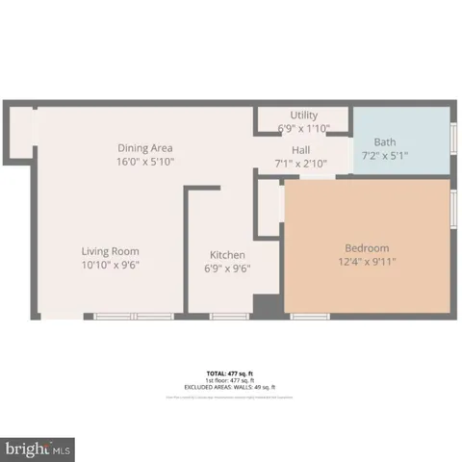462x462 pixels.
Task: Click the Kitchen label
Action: point(228,255)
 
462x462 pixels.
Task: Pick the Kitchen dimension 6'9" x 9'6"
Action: point(228,269)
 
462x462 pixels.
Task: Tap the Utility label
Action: point(304,115)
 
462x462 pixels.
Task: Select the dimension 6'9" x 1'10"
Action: point(304,128)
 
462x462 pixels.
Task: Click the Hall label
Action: point(301,149)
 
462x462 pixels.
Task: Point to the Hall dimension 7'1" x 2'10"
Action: point(301,163)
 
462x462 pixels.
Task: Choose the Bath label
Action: point(385,141)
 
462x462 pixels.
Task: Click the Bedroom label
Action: point(368,246)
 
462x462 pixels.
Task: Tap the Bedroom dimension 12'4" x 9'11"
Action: point(368,261)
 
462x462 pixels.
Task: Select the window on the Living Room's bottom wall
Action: point(133,315)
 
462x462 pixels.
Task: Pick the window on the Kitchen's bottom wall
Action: point(229,315)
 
